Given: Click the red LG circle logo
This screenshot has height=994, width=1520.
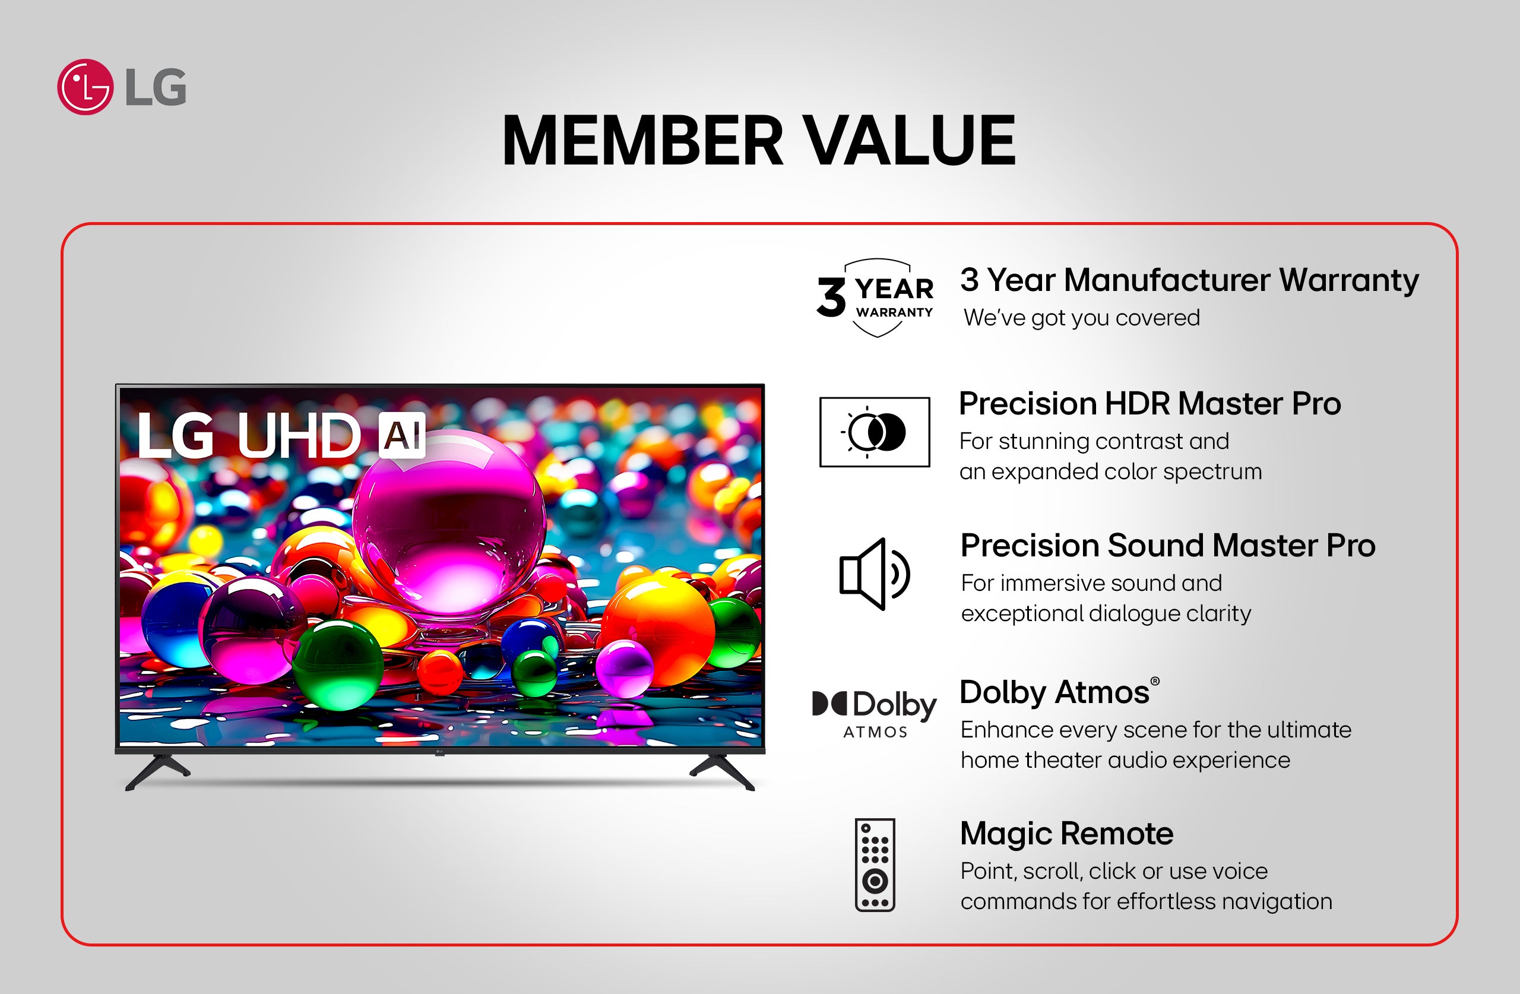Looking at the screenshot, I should (85, 87).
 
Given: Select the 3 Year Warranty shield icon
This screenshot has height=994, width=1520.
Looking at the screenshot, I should (876, 297).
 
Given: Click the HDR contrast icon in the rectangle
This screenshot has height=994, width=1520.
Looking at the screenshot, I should (875, 432).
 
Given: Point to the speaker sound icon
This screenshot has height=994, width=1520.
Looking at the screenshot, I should (873, 574).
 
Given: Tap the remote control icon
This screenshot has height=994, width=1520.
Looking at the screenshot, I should (875, 865).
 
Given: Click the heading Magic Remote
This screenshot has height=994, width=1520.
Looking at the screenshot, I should (1066, 834).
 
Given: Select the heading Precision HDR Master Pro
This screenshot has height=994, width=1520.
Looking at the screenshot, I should (1149, 404).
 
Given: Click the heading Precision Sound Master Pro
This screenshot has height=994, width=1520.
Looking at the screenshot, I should (1167, 546).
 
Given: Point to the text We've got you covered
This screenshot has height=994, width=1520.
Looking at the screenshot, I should (1082, 318).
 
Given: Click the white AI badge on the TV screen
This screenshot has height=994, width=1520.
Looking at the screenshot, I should (402, 436).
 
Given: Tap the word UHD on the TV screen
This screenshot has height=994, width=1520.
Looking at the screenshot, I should (298, 436).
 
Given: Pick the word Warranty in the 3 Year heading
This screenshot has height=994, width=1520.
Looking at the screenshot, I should (1349, 280).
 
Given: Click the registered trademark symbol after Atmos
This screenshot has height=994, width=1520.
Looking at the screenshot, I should (1155, 682).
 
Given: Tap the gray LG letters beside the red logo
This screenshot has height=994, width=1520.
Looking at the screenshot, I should (156, 87).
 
